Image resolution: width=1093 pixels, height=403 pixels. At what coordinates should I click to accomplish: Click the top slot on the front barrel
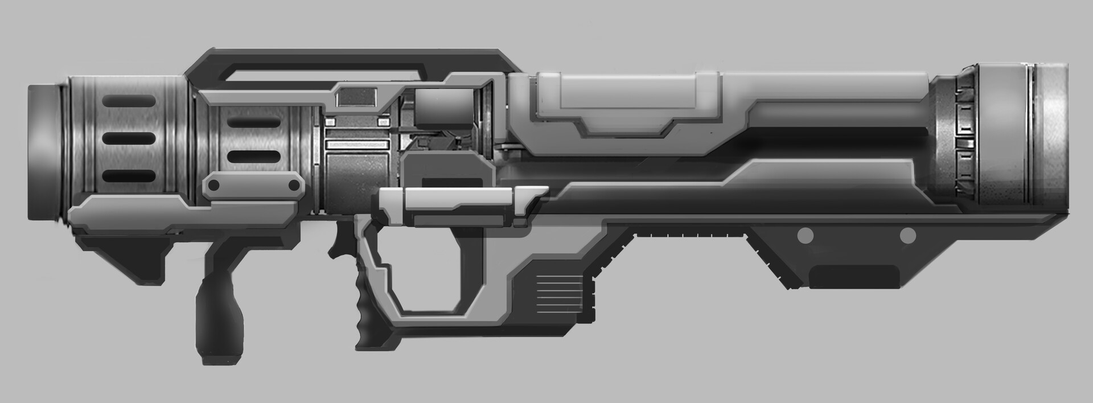(x=129, y=101)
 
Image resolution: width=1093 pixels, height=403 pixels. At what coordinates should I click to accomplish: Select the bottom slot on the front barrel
(x=129, y=176)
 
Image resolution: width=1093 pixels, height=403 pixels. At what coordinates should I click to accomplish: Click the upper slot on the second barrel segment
(x=254, y=122)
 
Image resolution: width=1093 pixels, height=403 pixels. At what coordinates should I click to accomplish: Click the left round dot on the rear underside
(x=805, y=235)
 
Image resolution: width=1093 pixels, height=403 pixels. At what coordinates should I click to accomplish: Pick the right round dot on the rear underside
(x=907, y=235)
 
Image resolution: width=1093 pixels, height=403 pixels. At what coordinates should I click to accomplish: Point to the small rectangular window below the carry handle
(x=357, y=97)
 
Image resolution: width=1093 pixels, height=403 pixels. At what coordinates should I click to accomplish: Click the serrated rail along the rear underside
(x=690, y=235)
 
